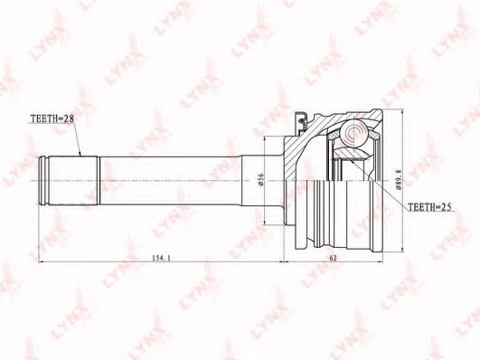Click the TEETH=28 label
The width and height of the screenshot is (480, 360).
(x=52, y=118)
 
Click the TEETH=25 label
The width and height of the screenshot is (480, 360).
(x=429, y=207)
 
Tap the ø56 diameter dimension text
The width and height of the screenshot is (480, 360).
(x=261, y=179)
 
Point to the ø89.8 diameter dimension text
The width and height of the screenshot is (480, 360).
(x=399, y=180)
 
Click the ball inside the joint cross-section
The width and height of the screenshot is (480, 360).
(x=354, y=132)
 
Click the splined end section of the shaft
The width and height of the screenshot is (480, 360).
(x=73, y=181)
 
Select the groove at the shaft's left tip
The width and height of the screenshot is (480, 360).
(x=43, y=181)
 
